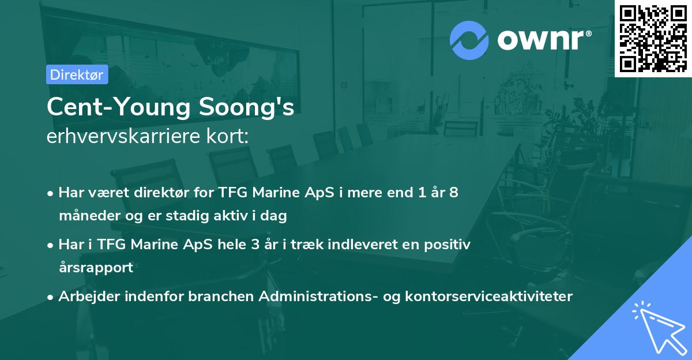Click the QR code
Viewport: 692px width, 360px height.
[x=653, y=39]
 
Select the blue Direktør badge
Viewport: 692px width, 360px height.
[x=77, y=74]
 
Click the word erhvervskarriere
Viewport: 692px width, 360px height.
[x=127, y=137]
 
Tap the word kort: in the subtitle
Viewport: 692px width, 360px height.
[x=230, y=137]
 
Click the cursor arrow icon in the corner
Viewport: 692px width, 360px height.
[x=657, y=326]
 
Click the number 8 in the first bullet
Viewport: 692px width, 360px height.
[x=454, y=193]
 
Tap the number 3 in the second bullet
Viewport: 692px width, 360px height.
[x=255, y=245]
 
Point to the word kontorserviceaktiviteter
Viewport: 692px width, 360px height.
[x=489, y=297]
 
